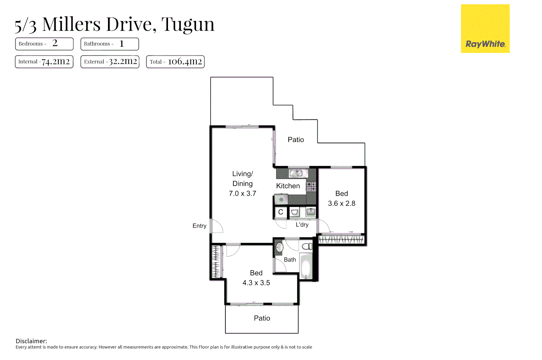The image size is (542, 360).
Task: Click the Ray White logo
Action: point(485,29)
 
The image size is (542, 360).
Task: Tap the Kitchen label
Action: point(288,186)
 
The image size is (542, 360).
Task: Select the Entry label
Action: point(199,226)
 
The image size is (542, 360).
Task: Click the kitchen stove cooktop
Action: point(311,187)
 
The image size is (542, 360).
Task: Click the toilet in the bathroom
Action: point(307,247)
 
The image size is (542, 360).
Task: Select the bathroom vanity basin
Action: point(279,247)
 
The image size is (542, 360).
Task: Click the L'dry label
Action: point(302,225)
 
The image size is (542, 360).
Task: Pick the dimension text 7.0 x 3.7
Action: point(242,194)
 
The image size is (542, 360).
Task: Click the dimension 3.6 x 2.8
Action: point(341,203)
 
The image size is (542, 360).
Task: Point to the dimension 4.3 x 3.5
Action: point(256,283)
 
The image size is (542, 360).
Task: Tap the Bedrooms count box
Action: point(44,44)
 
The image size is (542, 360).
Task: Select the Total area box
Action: point(175,62)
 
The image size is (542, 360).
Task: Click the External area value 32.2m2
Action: point(123,62)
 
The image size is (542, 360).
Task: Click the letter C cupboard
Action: point(281,212)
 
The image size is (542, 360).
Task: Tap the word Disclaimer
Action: point(31,341)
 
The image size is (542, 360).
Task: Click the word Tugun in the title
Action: point(188,25)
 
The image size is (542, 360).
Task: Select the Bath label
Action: point(290,260)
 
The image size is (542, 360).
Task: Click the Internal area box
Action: point(44,62)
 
